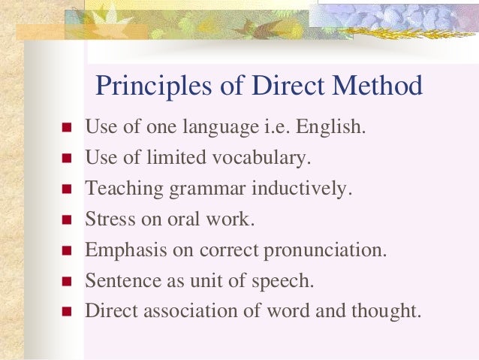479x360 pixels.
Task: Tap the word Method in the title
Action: pyautogui.click(x=381, y=86)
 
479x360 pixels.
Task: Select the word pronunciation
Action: pyautogui.click(x=324, y=251)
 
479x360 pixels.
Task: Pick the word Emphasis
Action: pyautogui.click(x=120, y=250)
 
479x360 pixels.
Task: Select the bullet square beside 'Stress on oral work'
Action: pyautogui.click(x=65, y=220)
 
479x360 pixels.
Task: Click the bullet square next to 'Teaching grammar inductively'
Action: pyautogui.click(x=65, y=189)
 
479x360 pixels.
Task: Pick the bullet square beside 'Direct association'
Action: pyautogui.click(x=65, y=311)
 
